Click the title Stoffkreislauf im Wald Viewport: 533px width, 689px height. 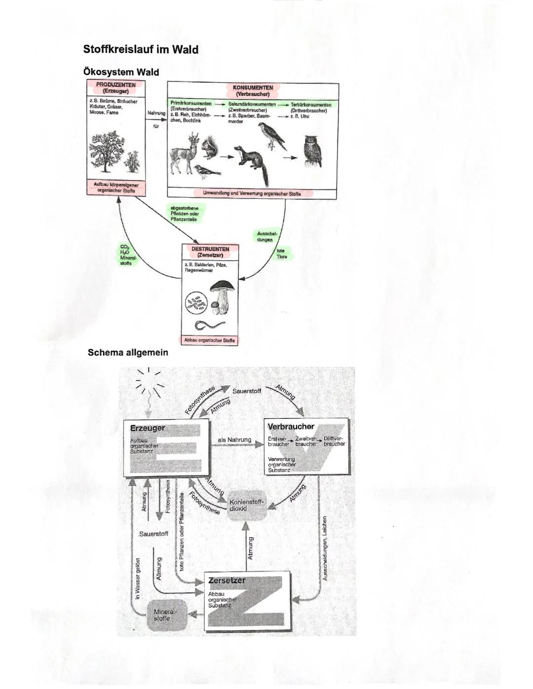coord(141,49)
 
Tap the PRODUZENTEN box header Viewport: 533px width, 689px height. coord(115,88)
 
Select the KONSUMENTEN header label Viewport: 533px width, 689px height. coord(253,90)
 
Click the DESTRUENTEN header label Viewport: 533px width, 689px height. coord(210,252)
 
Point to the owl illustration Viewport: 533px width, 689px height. coord(311,151)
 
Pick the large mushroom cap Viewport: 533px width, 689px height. coord(222,287)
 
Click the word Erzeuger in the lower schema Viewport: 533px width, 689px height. coord(147,428)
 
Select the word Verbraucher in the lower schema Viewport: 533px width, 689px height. coord(291,427)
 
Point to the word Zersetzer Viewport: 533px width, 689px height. coord(227,580)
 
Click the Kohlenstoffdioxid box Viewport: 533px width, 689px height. coord(246,505)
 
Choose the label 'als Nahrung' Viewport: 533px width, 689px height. coord(234,440)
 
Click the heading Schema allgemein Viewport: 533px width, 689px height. coord(128,353)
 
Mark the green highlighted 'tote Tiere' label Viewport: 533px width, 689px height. coord(282,254)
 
